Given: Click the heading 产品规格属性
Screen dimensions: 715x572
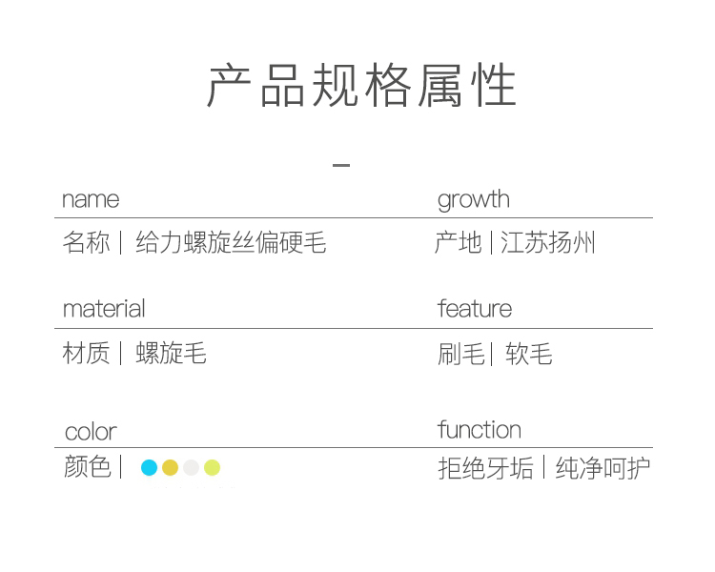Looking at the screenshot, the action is click(362, 87).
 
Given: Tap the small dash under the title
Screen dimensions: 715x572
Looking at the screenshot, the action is click(341, 166).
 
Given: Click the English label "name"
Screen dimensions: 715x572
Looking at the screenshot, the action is click(91, 199).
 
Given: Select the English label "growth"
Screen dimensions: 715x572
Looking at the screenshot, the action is click(474, 199).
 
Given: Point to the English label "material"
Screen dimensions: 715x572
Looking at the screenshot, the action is click(104, 309).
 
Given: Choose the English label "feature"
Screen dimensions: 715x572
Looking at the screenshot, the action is click(475, 309).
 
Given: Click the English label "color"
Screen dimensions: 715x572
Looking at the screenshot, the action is click(91, 431).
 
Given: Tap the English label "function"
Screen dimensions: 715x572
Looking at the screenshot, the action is click(480, 430).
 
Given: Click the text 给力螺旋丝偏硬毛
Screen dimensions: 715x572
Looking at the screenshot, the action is click(231, 243).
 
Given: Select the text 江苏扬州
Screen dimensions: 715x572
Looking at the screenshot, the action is click(548, 243).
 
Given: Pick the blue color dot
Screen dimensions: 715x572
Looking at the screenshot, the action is click(149, 467).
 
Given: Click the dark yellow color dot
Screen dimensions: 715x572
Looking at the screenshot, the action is click(170, 467).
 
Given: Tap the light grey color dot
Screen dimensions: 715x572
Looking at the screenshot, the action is click(191, 467).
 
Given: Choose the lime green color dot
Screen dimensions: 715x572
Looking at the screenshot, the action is click(212, 467).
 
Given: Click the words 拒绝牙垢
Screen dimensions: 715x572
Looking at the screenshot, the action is click(485, 468).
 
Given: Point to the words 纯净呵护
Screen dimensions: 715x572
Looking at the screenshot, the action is click(603, 468).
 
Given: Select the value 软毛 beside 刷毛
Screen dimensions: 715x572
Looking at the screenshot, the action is click(529, 355).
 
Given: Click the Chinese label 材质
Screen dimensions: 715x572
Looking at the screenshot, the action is click(86, 354).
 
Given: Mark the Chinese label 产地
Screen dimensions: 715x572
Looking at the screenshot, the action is click(458, 243).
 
